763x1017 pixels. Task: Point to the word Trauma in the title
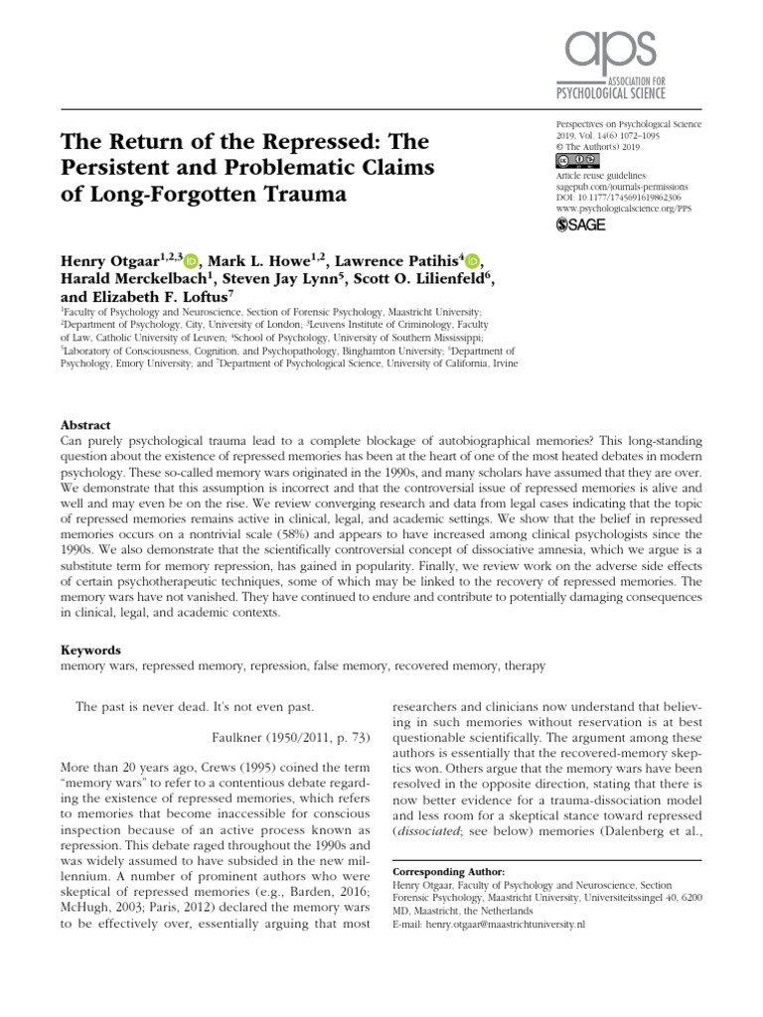click(x=300, y=194)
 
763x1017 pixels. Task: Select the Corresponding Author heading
click(x=448, y=870)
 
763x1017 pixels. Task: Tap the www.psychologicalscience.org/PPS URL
click(x=628, y=210)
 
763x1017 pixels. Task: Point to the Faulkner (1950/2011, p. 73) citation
click(x=292, y=736)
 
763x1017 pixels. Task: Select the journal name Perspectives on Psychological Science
click(x=628, y=125)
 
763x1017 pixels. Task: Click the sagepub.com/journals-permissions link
click(x=621, y=186)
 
